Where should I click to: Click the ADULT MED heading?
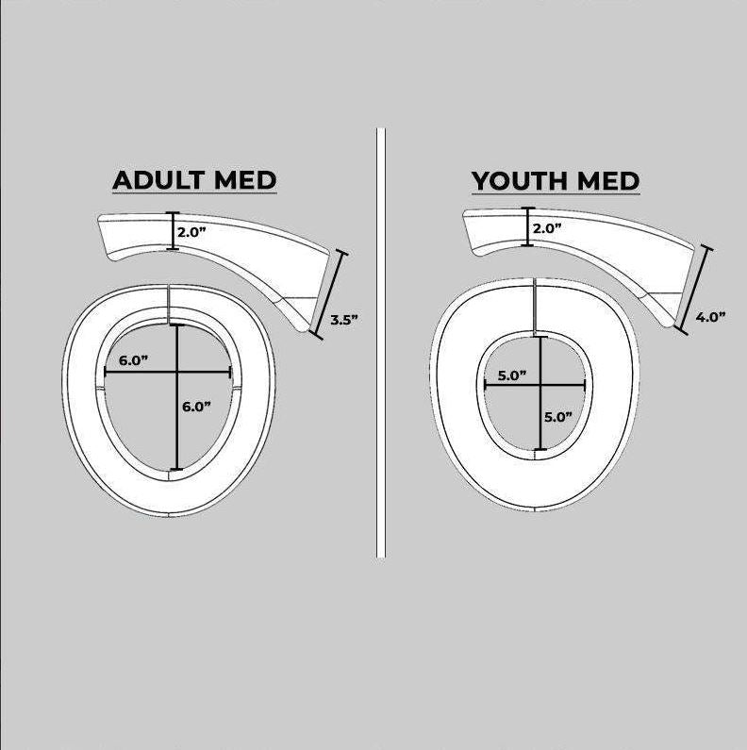click(x=194, y=180)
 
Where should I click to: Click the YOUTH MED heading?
click(x=556, y=180)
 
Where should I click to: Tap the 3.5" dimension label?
click(x=343, y=320)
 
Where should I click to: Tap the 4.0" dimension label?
click(x=709, y=317)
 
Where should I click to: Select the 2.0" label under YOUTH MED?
click(x=547, y=228)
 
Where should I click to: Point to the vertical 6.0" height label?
click(x=196, y=407)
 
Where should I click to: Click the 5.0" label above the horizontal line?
click(x=511, y=375)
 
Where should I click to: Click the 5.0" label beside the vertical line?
click(x=557, y=416)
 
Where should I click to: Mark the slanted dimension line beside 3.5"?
click(x=329, y=294)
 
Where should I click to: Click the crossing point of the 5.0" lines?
click(x=539, y=384)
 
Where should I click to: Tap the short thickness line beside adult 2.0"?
click(x=171, y=231)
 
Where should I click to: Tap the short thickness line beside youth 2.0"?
click(x=528, y=227)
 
